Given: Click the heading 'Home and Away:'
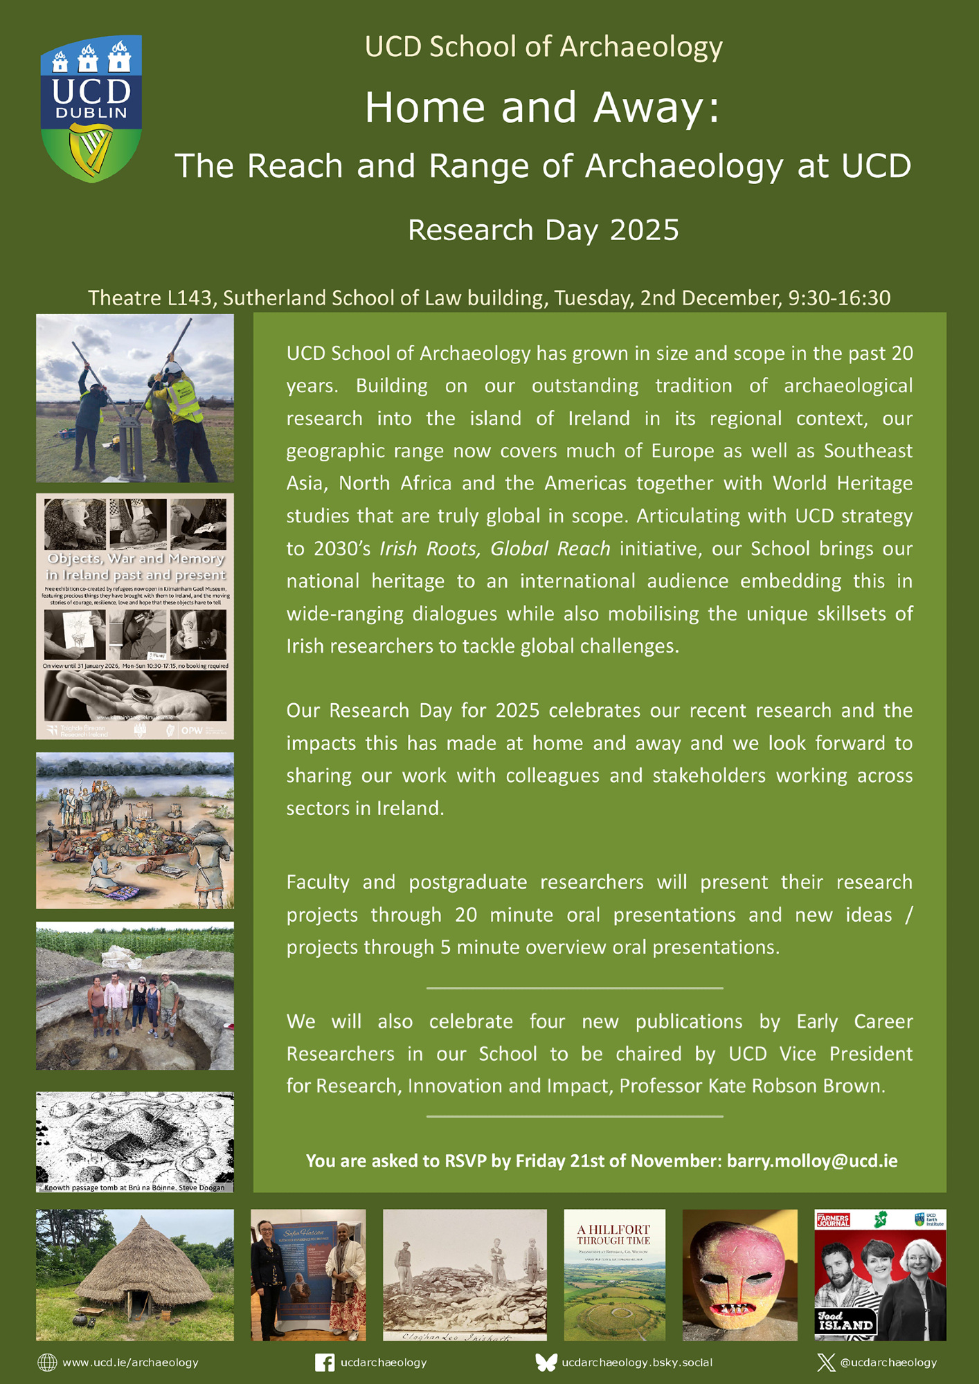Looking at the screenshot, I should click(x=543, y=107).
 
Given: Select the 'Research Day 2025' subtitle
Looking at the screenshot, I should click(x=543, y=230).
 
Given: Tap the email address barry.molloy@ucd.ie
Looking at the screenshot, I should click(x=811, y=1160).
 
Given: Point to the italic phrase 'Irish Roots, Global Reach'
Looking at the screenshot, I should click(x=494, y=549).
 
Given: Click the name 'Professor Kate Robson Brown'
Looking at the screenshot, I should click(x=752, y=1086).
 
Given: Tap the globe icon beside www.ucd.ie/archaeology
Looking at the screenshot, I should click(x=47, y=1363).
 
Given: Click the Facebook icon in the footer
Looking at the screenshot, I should click(x=324, y=1363).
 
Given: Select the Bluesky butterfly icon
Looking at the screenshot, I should click(x=546, y=1363).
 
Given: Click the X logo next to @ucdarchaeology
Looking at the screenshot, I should click(x=825, y=1363).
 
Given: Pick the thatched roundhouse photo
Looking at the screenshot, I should click(x=135, y=1275).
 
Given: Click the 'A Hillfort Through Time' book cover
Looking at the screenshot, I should click(x=614, y=1275).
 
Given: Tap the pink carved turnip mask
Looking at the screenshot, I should click(x=739, y=1275).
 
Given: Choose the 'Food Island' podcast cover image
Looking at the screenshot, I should click(x=880, y=1275).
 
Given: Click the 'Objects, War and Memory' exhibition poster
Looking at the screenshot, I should click(x=135, y=616).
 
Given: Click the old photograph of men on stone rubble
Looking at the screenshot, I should click(x=465, y=1275).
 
